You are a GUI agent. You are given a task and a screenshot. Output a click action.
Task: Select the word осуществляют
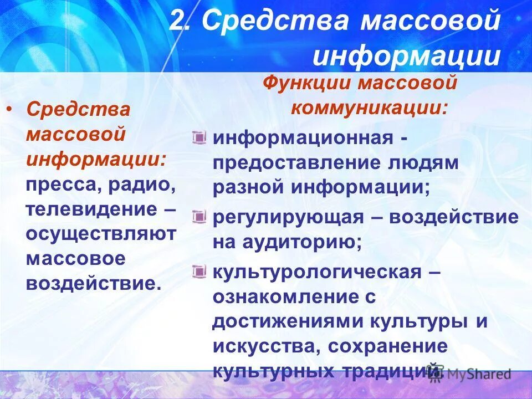click(x=101, y=233)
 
